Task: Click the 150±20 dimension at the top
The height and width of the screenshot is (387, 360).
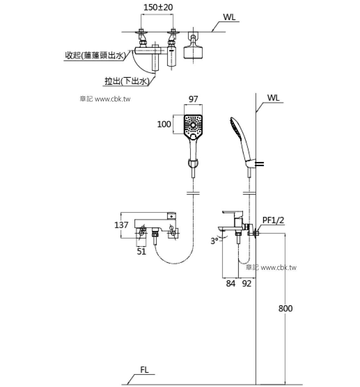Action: coord(158,7)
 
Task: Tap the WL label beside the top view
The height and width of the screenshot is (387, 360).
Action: coord(229,17)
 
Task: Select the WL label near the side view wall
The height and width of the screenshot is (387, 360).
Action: coord(273,98)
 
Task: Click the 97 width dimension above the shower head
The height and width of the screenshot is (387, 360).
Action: coord(193,99)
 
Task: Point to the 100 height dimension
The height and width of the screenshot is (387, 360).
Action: coord(164,124)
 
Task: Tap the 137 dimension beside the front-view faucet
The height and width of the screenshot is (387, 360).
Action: coord(121,225)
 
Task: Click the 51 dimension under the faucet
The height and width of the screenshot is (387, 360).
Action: coord(141,251)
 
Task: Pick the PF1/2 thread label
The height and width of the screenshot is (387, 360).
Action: coord(273,220)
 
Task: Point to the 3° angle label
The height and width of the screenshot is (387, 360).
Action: coord(215,241)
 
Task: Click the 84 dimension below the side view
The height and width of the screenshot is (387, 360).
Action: coord(230,284)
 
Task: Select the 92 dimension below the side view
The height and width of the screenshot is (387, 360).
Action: coord(246,284)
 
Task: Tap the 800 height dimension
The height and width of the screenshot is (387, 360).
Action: coord(285,308)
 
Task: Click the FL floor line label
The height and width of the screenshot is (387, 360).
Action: coord(144,370)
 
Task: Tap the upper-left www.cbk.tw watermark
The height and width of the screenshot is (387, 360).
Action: coord(105,99)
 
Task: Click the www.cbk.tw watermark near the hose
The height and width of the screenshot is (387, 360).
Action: coord(271,268)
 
